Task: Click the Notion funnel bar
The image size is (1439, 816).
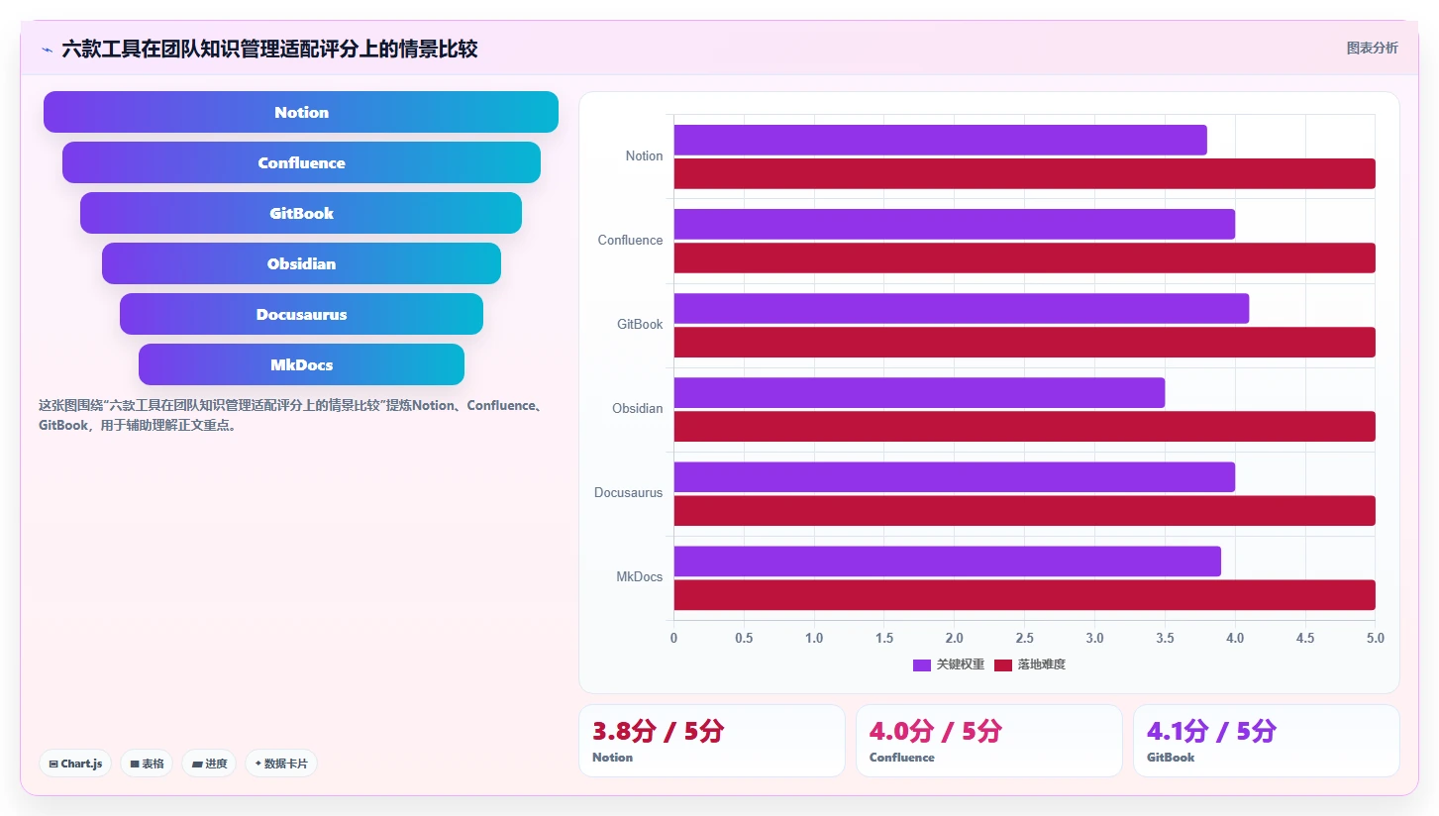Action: tap(301, 112)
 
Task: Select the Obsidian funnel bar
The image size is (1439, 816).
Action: tap(301, 263)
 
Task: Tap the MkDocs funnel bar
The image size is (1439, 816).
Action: tap(301, 364)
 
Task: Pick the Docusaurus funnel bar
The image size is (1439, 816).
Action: tap(301, 314)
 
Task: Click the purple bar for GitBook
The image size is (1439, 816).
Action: tap(961, 308)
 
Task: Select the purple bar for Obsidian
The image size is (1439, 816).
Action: tap(919, 392)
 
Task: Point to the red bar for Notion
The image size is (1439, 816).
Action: tap(1025, 173)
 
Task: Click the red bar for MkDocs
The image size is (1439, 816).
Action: tap(1025, 595)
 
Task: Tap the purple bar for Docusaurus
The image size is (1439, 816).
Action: tap(954, 476)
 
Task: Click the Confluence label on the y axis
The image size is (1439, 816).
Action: tap(630, 240)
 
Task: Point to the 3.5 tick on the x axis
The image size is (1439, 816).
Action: tap(1165, 638)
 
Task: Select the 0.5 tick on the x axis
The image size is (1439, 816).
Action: tap(744, 638)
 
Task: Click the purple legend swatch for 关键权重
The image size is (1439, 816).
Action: tap(922, 665)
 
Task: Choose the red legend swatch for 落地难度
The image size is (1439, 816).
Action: tap(1003, 665)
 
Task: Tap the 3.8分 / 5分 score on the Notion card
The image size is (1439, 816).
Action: tap(658, 731)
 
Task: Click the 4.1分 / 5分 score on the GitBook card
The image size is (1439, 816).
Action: tap(1211, 731)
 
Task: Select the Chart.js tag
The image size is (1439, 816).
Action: tap(76, 764)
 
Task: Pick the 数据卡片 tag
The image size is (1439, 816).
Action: tap(280, 764)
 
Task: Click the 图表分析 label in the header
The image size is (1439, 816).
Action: tap(1373, 49)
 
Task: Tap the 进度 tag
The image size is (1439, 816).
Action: tap(209, 764)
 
